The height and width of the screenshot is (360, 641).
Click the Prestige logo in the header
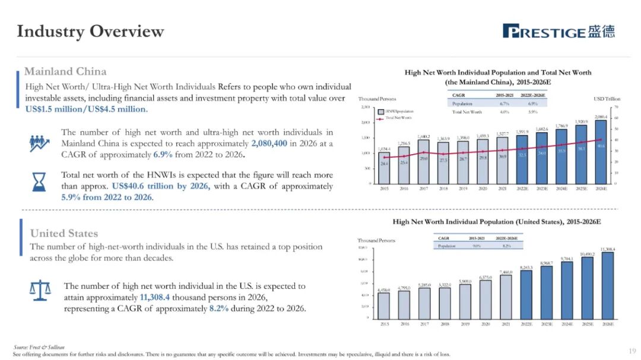pyautogui.click(x=559, y=31)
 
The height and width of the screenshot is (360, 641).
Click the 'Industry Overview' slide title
pyautogui.click(x=90, y=31)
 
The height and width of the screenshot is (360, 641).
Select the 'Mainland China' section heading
pyautogui.click(x=65, y=71)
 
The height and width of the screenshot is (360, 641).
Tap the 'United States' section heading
pyautogui.click(x=64, y=233)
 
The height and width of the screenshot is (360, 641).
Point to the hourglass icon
pyautogui.click(x=39, y=180)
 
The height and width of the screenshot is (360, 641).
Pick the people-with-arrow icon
pyautogui.click(x=39, y=143)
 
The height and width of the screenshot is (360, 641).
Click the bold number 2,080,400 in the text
pyautogui.click(x=276, y=144)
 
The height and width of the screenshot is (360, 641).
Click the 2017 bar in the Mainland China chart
pyautogui.click(x=423, y=161)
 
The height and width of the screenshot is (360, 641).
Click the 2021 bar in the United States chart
pyautogui.click(x=505, y=296)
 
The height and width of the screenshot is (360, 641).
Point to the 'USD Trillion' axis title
pyautogui.click(x=607, y=98)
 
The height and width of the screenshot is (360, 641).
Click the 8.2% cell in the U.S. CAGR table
pyautogui.click(x=507, y=245)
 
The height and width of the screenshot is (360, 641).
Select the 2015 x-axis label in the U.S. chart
pyautogui.click(x=384, y=324)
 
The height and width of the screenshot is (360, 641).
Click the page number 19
pyautogui.click(x=632, y=351)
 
